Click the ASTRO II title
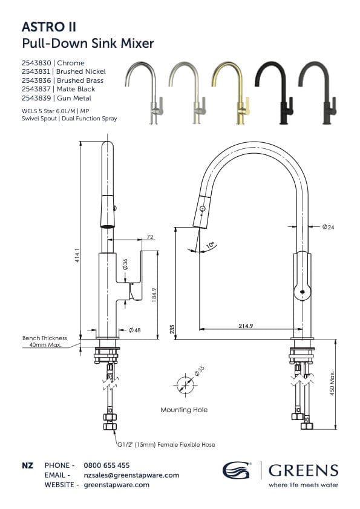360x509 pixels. click(48, 27)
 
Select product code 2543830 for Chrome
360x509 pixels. click(37, 63)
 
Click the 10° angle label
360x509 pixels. click(210, 245)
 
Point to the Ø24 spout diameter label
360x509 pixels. click(329, 227)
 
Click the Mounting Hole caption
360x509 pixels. click(184, 410)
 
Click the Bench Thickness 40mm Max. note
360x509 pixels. click(45, 342)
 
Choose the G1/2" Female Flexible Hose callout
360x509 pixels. click(166, 444)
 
